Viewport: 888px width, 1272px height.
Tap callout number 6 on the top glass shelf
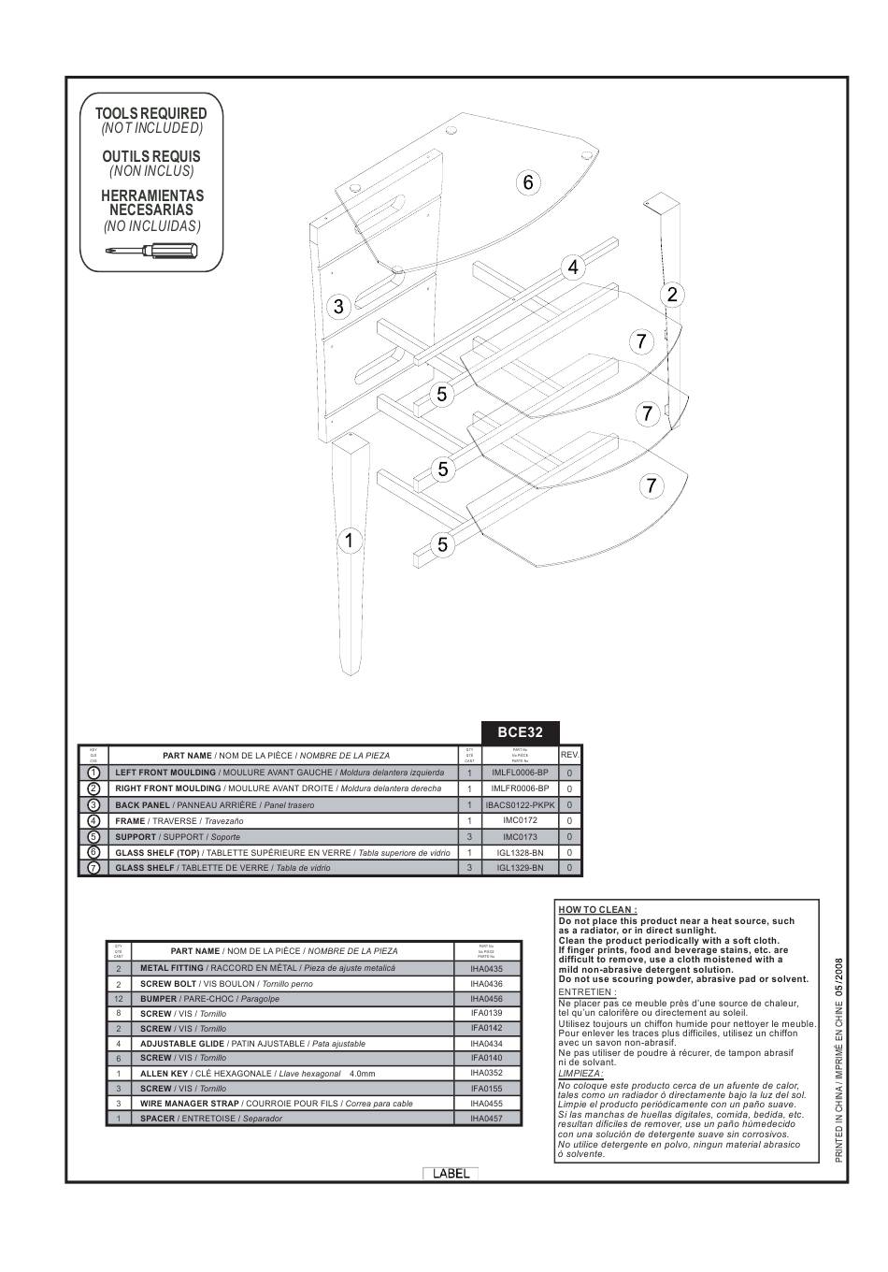pyautogui.click(x=528, y=182)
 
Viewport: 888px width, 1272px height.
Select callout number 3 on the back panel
pyautogui.click(x=338, y=306)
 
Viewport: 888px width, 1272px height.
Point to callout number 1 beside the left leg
pyautogui.click(x=348, y=541)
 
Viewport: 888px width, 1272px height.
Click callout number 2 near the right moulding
pyautogui.click(x=671, y=295)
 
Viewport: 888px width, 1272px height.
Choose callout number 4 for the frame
pyautogui.click(x=573, y=267)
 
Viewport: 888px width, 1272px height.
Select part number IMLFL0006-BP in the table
pyautogui.click(x=520, y=773)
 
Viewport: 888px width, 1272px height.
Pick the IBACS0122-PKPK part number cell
pyautogui.click(x=520, y=804)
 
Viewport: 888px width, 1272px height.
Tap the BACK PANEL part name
pyautogui.click(x=143, y=805)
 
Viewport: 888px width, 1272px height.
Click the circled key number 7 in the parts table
pyautogui.click(x=93, y=868)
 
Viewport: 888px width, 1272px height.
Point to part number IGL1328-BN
pyautogui.click(x=520, y=852)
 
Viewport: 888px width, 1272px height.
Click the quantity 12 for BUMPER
pyautogui.click(x=119, y=999)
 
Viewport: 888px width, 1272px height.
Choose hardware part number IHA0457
pyautogui.click(x=486, y=1119)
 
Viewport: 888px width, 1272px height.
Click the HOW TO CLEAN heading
pyautogui.click(x=597, y=909)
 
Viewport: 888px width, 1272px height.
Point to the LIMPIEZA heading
pyautogui.click(x=580, y=1073)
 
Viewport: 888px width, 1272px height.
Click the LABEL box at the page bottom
pyautogui.click(x=451, y=1174)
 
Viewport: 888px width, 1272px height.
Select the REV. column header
pyautogui.click(x=570, y=755)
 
